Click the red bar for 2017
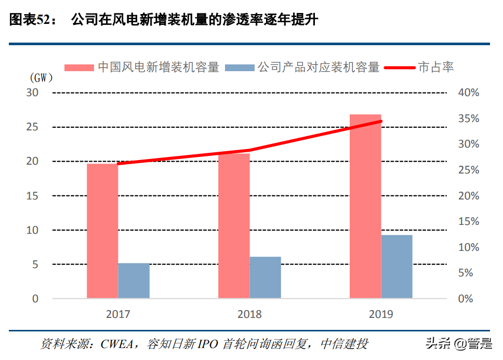[x=102, y=231]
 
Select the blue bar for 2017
[x=134, y=281]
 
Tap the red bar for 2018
[x=234, y=226]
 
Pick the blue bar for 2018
[x=265, y=277]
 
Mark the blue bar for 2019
[x=396, y=266]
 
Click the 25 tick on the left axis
[x=32, y=127]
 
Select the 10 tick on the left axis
[x=32, y=230]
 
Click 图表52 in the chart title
[x=29, y=20]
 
